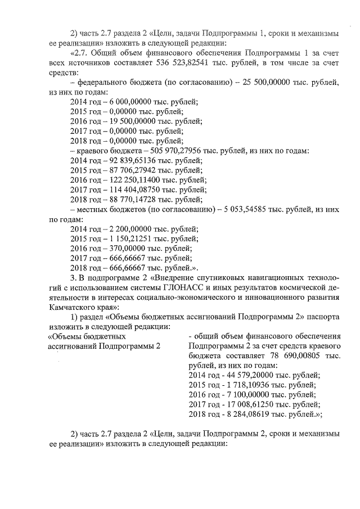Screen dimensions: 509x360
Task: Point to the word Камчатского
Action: click(x=71, y=308)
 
